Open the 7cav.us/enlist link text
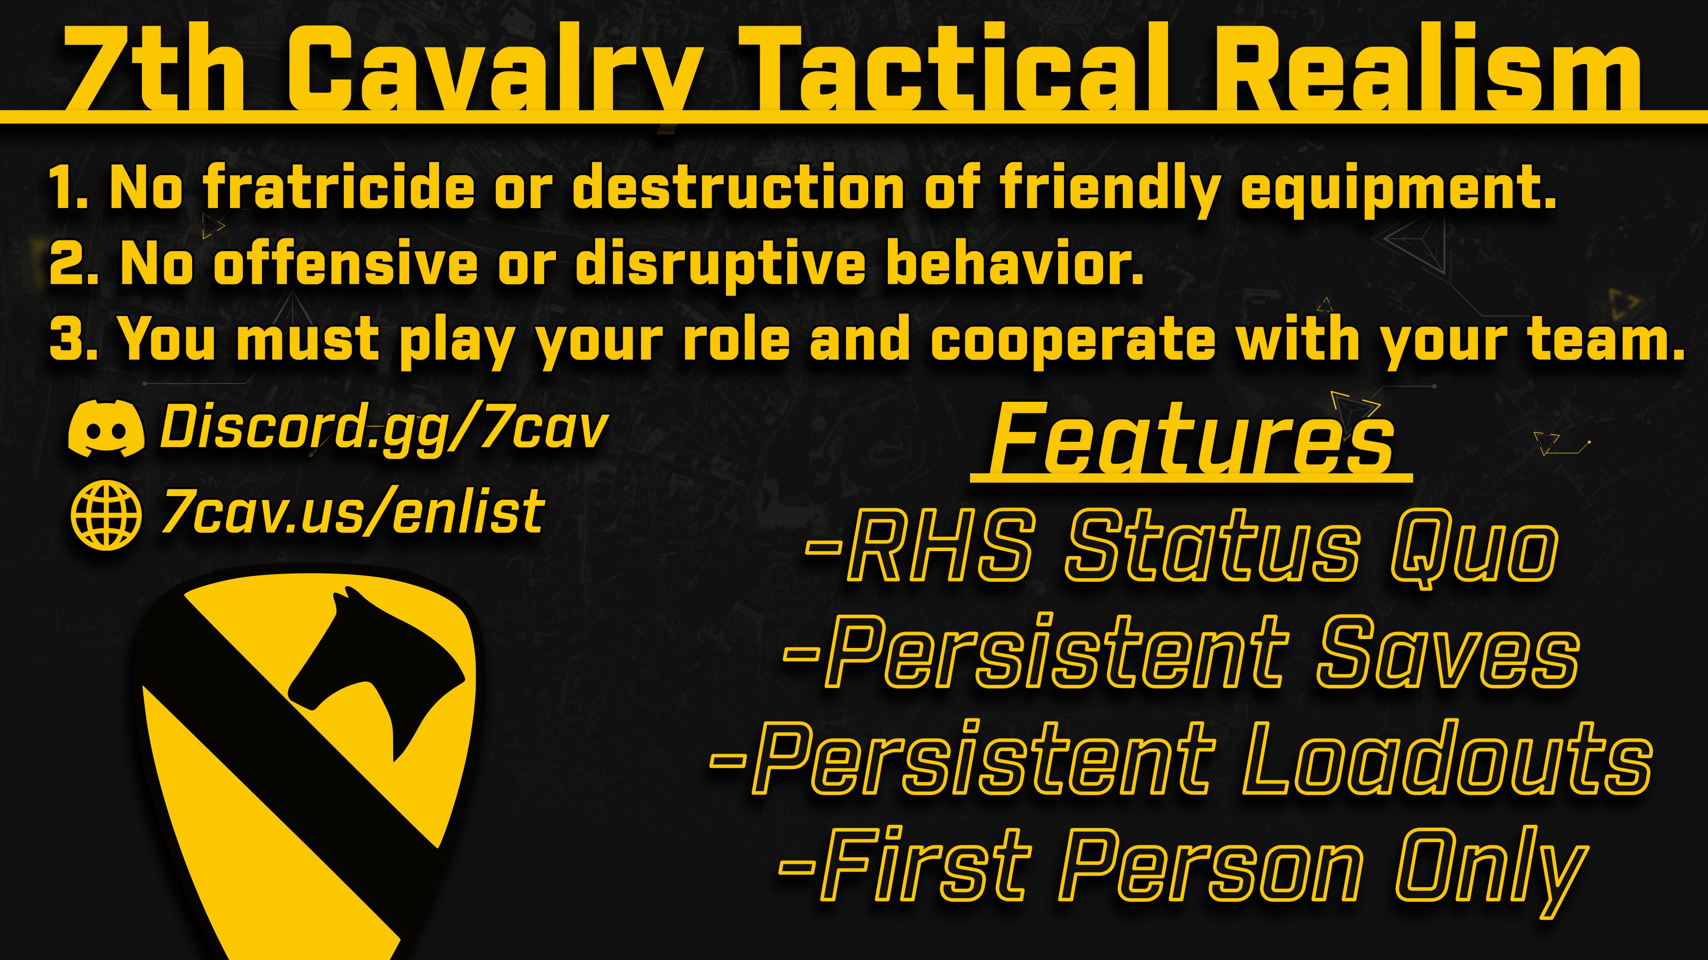click(353, 513)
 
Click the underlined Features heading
click(1192, 440)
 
